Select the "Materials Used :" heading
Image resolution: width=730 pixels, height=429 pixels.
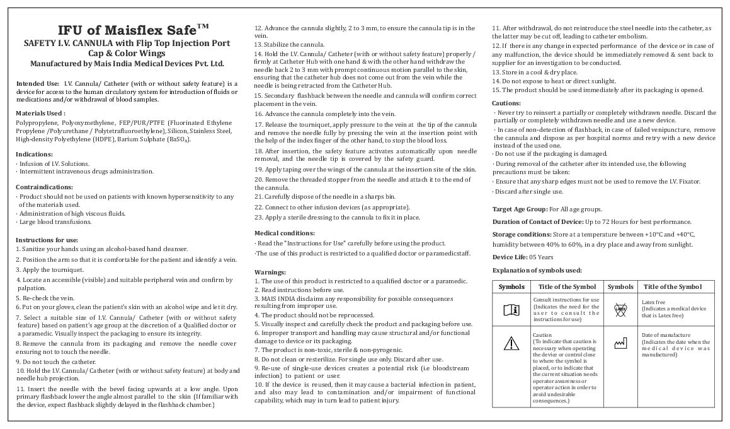pyautogui.click(x=38, y=113)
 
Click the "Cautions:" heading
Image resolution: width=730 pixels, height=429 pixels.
pyautogui.click(x=506, y=102)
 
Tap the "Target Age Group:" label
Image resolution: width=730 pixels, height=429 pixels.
pyautogui.click(x=520, y=209)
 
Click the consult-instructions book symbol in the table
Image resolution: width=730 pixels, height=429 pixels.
pyautogui.click(x=511, y=309)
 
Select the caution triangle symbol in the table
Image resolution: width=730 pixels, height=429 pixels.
pyautogui.click(x=511, y=344)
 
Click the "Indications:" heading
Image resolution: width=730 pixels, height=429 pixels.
pyautogui.click(x=34, y=154)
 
